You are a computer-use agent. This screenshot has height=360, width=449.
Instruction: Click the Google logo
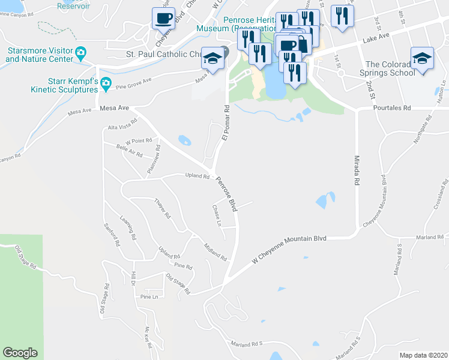(x=20, y=353)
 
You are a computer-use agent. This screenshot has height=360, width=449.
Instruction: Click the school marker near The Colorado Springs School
(x=422, y=59)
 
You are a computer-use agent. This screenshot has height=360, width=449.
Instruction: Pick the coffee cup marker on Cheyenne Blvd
(x=164, y=19)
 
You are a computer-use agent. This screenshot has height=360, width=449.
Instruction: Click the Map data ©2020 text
(x=423, y=355)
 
